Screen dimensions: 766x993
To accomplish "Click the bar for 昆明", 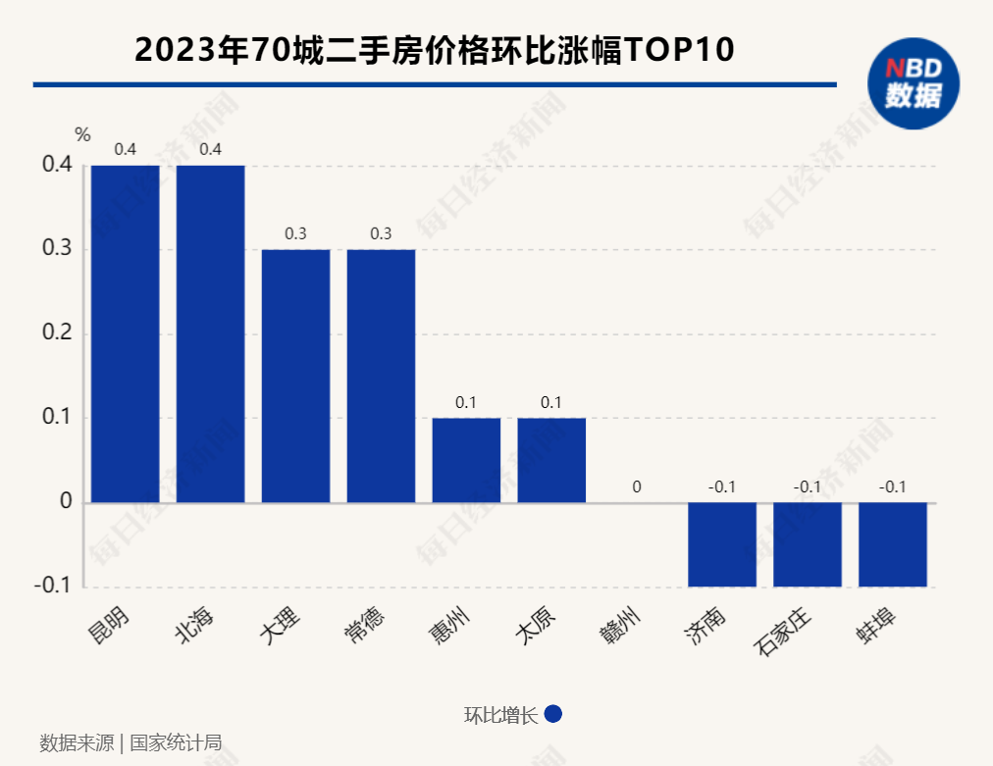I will point(126,333).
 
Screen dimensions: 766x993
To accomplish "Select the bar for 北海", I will point(211,333).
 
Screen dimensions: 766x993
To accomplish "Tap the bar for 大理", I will point(295,376).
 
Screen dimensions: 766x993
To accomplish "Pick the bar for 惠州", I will point(466,460).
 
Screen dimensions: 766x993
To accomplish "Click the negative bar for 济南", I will point(722,544).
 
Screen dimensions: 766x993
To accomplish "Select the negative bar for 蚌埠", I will point(893,544).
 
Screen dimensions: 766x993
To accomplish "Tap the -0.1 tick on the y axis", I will point(54,587).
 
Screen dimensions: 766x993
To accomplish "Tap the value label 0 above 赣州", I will point(637,486).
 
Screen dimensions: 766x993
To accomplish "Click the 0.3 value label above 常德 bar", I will point(381,233).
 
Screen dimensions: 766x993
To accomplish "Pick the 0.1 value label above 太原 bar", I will point(551,402).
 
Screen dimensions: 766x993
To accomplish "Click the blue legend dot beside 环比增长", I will point(552,714).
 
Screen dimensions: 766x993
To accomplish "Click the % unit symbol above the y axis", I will point(82,134).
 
